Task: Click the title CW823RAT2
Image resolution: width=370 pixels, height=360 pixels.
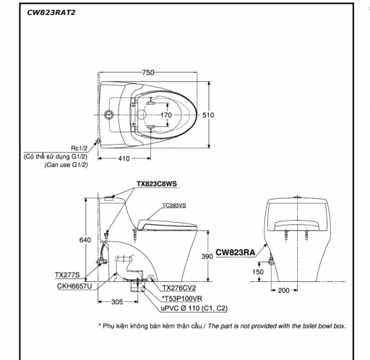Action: (51, 12)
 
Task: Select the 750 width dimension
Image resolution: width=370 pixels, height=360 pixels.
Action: (148, 72)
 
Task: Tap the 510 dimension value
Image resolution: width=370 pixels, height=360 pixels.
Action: (208, 115)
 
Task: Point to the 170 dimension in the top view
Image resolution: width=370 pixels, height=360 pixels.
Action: (166, 115)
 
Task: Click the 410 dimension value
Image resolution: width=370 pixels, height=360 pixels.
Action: (124, 158)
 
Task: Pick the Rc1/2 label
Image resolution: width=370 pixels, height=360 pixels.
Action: (80, 149)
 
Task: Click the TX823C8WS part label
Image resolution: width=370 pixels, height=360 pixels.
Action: (157, 184)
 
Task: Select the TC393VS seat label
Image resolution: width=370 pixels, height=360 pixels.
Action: (174, 205)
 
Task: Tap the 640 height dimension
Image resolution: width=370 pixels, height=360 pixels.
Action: (85, 240)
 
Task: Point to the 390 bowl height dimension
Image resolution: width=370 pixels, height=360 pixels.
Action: (207, 256)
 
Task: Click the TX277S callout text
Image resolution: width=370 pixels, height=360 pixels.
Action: (67, 275)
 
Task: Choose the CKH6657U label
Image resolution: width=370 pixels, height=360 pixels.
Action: (75, 286)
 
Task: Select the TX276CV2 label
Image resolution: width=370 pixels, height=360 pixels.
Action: (179, 288)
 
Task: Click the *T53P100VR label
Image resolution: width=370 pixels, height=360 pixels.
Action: (182, 298)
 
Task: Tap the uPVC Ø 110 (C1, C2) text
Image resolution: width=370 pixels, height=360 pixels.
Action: (194, 308)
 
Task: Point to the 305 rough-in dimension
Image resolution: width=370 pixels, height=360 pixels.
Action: (117, 301)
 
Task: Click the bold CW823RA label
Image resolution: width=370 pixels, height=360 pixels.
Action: (236, 252)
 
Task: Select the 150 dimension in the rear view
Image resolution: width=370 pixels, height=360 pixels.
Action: (258, 272)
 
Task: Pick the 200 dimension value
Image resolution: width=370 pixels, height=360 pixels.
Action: (284, 290)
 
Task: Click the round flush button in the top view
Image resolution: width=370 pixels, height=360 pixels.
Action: (109, 115)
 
